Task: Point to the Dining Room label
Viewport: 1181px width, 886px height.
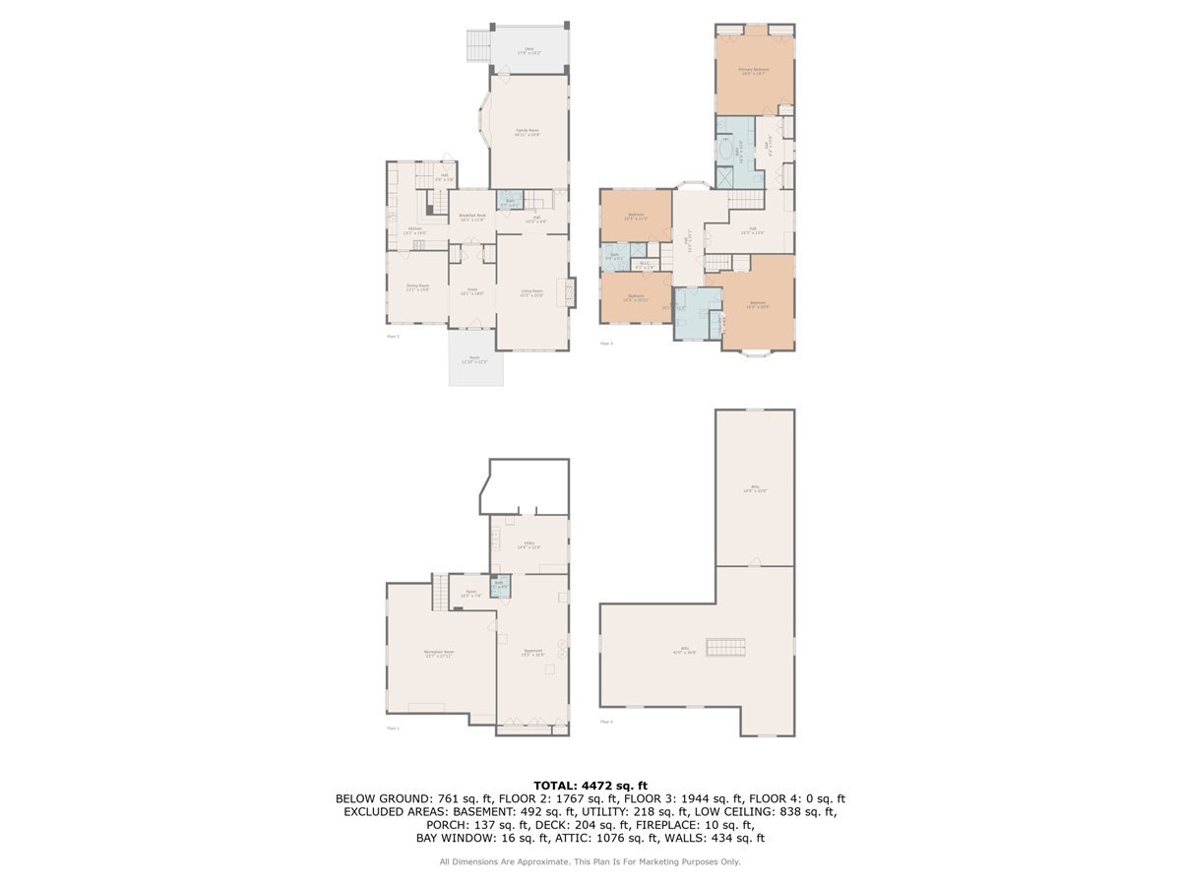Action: [x=418, y=287]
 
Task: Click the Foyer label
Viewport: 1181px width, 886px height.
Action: [x=472, y=292]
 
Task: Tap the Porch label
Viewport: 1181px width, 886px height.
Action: [x=474, y=359]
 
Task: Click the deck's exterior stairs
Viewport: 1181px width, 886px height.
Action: [x=477, y=44]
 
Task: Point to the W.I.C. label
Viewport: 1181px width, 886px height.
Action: [x=644, y=264]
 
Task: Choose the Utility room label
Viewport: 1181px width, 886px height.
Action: [x=528, y=544]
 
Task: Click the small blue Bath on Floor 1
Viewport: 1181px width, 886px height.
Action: [x=499, y=584]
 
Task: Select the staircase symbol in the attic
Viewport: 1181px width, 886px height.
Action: [x=727, y=647]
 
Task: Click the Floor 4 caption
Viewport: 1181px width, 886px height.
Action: [x=606, y=722]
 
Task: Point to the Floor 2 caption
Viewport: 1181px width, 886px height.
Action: [x=393, y=336]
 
